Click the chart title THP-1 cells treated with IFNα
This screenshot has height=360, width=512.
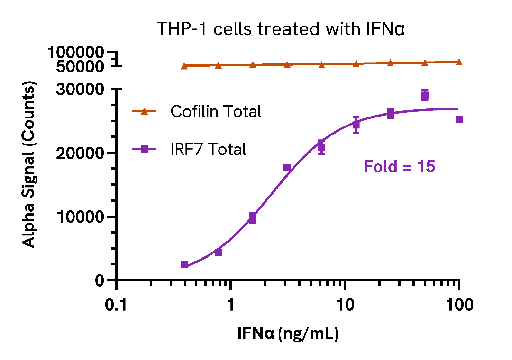(x=281, y=29)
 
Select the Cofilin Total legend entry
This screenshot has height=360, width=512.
(x=216, y=111)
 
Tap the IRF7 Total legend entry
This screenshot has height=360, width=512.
(x=208, y=149)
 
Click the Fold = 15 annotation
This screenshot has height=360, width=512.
(x=399, y=167)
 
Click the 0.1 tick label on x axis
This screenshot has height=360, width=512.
(x=116, y=306)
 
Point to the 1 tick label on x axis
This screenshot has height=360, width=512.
(x=231, y=306)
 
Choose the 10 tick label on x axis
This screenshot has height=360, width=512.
(x=345, y=306)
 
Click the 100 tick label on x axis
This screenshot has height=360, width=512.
(x=459, y=306)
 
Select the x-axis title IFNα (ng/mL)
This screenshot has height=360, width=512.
(x=288, y=334)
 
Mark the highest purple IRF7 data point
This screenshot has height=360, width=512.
(x=425, y=95)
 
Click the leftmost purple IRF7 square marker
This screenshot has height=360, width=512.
(x=184, y=265)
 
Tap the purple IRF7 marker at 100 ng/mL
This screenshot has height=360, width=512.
(x=459, y=119)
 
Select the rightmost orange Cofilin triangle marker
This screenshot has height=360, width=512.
(x=459, y=62)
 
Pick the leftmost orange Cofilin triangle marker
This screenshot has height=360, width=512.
(x=184, y=66)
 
